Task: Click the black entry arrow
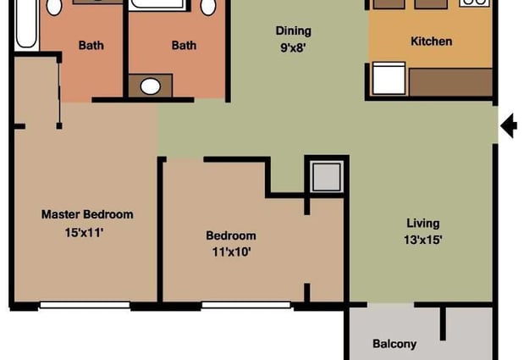[x=509, y=125]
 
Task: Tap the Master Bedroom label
[x=87, y=214]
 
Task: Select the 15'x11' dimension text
[x=84, y=232]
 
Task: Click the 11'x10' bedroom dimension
[x=231, y=252]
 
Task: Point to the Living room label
[x=422, y=224]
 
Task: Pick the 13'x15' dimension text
[x=422, y=240]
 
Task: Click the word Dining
[x=294, y=31]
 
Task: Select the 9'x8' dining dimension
[x=293, y=47]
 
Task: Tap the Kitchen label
[x=431, y=42]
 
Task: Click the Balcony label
[x=394, y=344]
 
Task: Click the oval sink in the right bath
[x=151, y=86]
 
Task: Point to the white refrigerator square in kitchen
[x=389, y=78]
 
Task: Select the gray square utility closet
[x=326, y=177]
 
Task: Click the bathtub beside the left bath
[x=27, y=24]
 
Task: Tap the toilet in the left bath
[x=54, y=8]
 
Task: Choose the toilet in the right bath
[x=208, y=8]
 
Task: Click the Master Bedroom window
[x=85, y=305]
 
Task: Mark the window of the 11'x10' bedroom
[x=246, y=305]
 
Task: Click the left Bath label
[x=91, y=45]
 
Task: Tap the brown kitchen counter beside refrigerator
[x=451, y=82]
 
